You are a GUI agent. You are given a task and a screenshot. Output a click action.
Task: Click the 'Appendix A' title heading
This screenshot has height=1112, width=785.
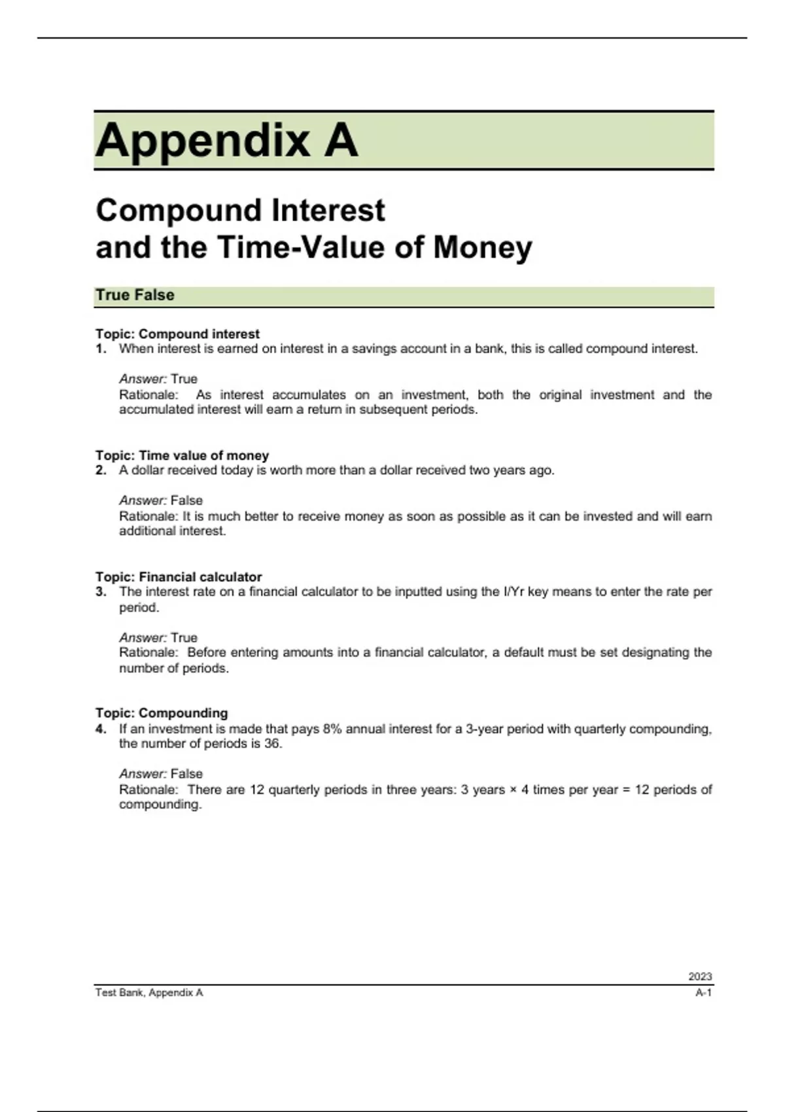click(226, 140)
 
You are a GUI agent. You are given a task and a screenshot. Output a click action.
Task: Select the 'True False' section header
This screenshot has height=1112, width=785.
click(135, 295)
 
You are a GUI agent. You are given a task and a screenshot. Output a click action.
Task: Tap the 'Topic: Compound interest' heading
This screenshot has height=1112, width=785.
click(177, 334)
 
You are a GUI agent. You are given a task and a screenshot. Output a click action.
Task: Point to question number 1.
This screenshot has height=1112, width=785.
click(101, 349)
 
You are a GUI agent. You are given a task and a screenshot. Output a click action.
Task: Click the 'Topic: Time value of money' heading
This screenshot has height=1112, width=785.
click(182, 455)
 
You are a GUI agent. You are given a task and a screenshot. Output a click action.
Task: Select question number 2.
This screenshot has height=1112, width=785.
click(101, 470)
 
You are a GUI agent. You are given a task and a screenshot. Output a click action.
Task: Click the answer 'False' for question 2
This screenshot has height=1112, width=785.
click(186, 500)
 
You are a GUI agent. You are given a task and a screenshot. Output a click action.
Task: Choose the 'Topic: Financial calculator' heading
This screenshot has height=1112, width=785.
click(179, 577)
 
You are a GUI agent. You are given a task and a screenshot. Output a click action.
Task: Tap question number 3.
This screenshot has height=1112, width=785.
click(101, 592)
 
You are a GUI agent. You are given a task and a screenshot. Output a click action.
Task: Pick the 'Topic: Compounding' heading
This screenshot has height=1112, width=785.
click(162, 713)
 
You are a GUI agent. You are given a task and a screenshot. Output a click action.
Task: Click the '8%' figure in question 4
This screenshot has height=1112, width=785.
click(332, 729)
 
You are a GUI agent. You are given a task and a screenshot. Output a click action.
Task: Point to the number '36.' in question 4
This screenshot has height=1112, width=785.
click(273, 744)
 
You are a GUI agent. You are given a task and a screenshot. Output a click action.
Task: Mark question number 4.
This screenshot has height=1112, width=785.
click(101, 729)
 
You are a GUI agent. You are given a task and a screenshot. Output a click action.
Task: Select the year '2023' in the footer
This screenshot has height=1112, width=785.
click(699, 977)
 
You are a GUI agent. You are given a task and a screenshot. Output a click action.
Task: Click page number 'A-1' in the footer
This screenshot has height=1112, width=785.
click(703, 993)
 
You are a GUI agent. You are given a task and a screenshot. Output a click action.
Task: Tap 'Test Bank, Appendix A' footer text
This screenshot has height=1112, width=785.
click(149, 993)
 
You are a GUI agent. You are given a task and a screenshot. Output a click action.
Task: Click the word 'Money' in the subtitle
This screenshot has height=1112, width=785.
click(483, 248)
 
